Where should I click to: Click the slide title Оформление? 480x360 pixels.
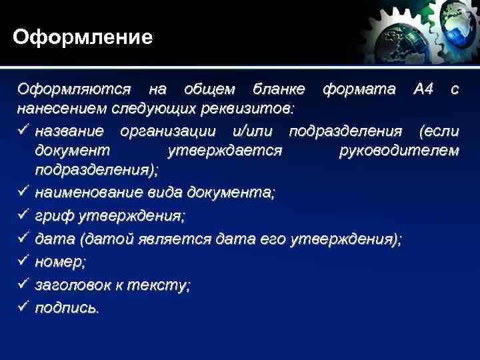(x=83, y=36)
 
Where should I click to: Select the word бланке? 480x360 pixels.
(x=279, y=89)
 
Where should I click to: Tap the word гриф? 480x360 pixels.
(x=53, y=216)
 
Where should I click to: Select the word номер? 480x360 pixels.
(x=59, y=262)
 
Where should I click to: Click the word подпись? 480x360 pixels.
(x=66, y=308)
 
